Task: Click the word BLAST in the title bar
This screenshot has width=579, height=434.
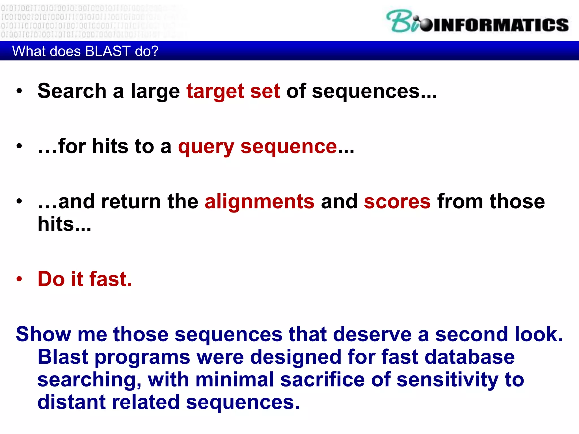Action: pyautogui.click(x=107, y=51)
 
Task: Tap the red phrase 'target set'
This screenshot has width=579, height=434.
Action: pyautogui.click(x=233, y=91)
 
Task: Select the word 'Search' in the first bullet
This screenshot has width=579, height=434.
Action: pyautogui.click(x=72, y=91)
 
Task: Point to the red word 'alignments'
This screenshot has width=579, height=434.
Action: pyautogui.click(x=259, y=202)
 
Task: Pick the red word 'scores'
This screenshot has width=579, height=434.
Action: pyautogui.click(x=397, y=202)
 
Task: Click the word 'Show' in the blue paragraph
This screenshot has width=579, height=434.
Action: pyautogui.click(x=43, y=334)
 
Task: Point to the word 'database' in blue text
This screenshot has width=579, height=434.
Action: pyautogui.click(x=470, y=357)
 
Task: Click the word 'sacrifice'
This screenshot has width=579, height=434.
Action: pyautogui.click(x=322, y=379)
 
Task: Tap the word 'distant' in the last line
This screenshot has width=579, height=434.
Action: pyautogui.click(x=72, y=402)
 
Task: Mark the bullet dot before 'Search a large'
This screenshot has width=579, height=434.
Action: pyautogui.click(x=19, y=91)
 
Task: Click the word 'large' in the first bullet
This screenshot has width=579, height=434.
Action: pyautogui.click(x=155, y=91)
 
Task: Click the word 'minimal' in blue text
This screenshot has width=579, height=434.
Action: pyautogui.click(x=235, y=379)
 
